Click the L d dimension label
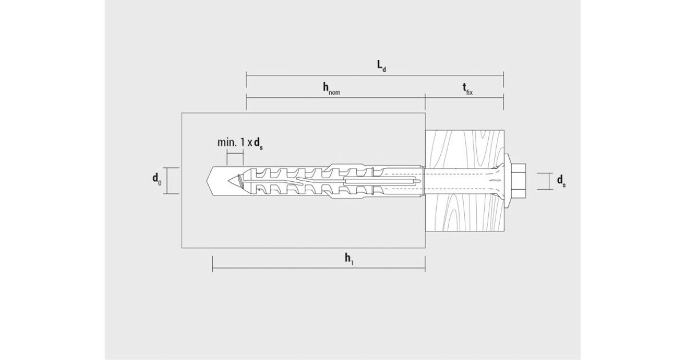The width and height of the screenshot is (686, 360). (x=381, y=66)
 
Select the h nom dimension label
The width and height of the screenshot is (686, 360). (x=332, y=89)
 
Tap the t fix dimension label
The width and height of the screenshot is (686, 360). (x=468, y=89)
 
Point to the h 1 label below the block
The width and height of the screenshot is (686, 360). (x=349, y=259)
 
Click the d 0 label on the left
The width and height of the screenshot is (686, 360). (x=157, y=179)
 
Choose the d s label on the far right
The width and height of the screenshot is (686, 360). (x=561, y=181)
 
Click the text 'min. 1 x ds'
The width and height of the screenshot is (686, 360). (x=240, y=143)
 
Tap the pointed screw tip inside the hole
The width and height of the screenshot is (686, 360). (x=235, y=181)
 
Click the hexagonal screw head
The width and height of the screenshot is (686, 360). (x=518, y=181)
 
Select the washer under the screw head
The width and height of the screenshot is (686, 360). (x=507, y=181)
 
